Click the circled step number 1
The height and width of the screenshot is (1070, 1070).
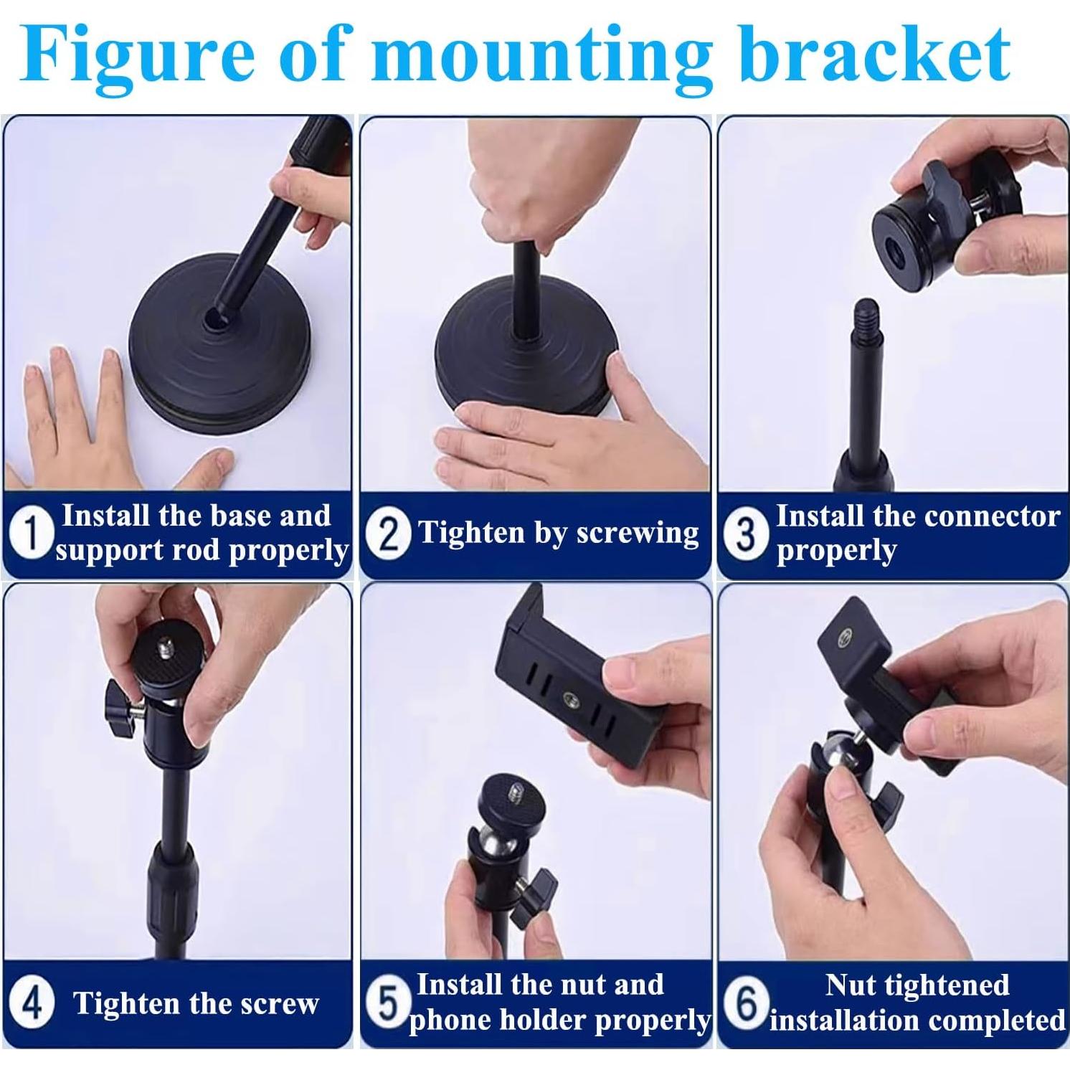coord(30,534)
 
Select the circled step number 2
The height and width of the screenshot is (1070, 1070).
coord(388,534)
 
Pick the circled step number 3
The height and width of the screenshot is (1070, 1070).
coord(746,534)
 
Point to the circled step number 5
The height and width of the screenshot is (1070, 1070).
coord(388,1003)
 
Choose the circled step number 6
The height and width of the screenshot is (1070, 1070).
coord(746,1003)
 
